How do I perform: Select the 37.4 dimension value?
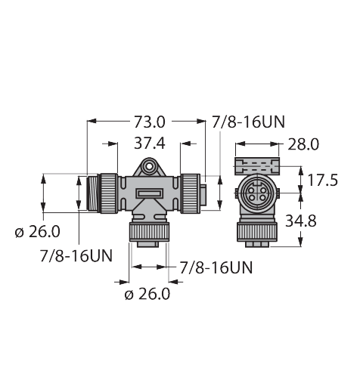coord(150,143)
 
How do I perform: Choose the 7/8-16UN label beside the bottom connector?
coord(216,267)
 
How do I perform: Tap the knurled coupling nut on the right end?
coord(189,193)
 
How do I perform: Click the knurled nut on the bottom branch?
coord(149,231)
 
